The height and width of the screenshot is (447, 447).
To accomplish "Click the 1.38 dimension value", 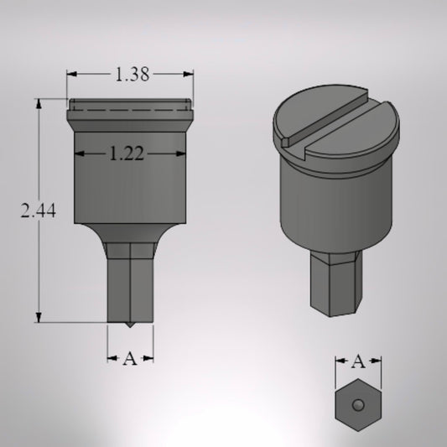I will (x=131, y=75).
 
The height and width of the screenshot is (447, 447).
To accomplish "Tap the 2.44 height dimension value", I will (x=39, y=212).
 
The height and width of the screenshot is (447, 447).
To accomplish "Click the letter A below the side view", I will (x=130, y=359).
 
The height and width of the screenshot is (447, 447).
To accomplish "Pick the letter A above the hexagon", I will (x=358, y=362).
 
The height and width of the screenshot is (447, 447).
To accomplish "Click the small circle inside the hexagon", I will (x=358, y=405).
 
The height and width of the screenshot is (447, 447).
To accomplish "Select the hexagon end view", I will (x=358, y=406).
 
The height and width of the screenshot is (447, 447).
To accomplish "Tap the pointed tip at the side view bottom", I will (x=130, y=324).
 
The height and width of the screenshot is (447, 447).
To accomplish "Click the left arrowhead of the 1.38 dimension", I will (x=71, y=75).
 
